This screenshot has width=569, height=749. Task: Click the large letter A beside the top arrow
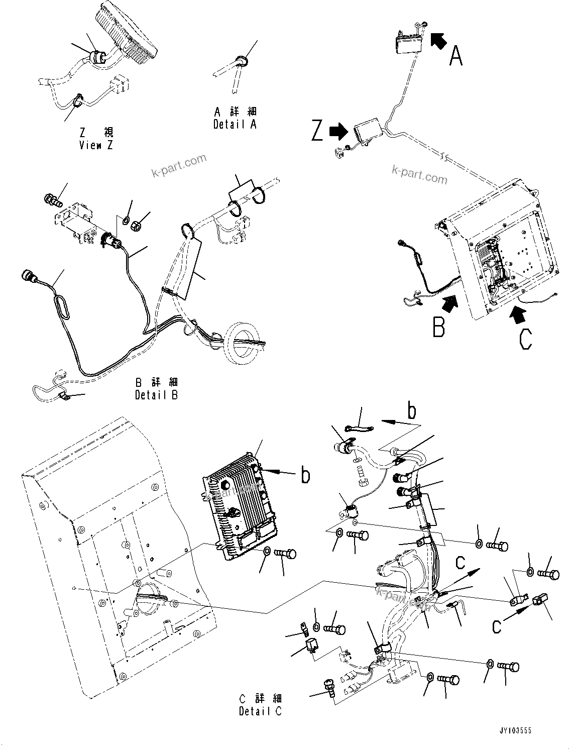pyautogui.click(x=456, y=56)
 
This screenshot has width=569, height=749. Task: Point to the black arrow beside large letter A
pyautogui.click(x=438, y=40)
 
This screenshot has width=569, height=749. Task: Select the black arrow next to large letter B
pyautogui.click(x=450, y=302)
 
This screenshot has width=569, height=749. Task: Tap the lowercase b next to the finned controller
pyautogui.click(x=305, y=475)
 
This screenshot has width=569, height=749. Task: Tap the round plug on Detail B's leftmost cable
pyautogui.click(x=28, y=277)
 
